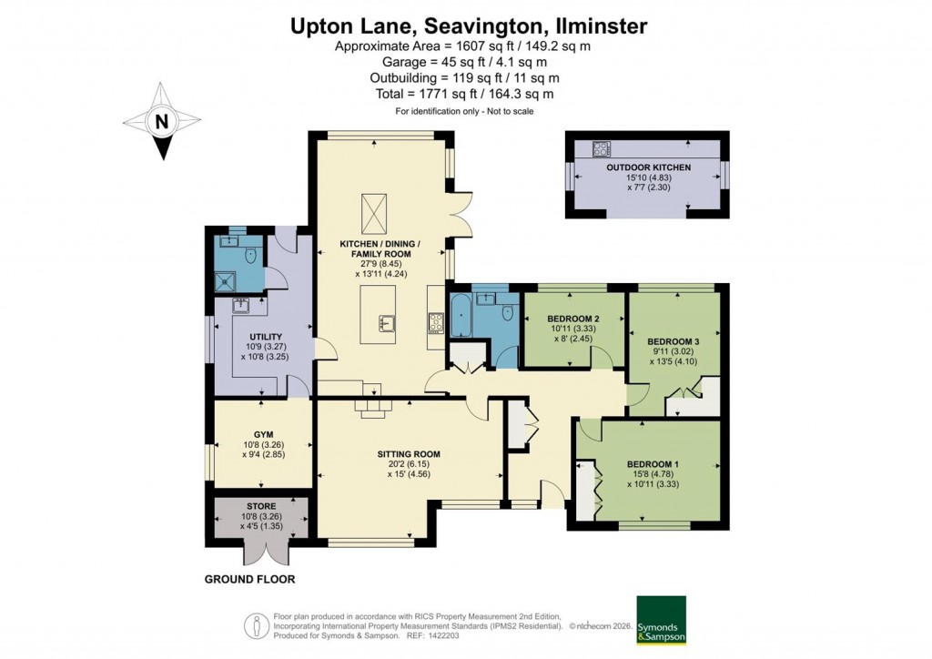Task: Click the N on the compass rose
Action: coord(161,121)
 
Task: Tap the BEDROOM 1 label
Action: coord(650,461)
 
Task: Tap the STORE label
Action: coord(260,505)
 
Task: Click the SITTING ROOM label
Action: coord(409,453)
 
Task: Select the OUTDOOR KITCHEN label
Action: coord(649,168)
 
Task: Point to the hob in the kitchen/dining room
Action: coord(434,321)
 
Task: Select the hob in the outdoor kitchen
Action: coord(603,148)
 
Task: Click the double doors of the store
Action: coord(262,551)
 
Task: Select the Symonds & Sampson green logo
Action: coord(660,620)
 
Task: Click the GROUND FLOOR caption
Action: coord(249,579)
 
